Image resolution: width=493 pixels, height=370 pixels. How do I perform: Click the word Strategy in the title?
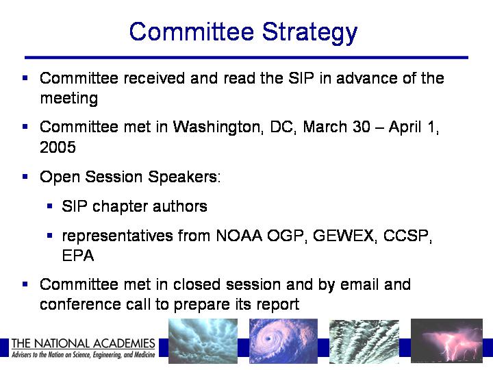click(x=309, y=33)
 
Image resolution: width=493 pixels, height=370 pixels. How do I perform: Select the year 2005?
click(x=58, y=147)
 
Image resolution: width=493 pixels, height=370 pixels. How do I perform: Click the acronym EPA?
click(x=78, y=255)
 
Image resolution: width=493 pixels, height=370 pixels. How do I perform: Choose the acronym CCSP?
click(x=407, y=236)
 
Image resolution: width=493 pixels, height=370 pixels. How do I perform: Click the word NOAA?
click(x=239, y=235)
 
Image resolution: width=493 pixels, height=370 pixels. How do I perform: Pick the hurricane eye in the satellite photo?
click(x=268, y=339)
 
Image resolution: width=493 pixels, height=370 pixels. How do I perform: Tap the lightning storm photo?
click(x=446, y=341)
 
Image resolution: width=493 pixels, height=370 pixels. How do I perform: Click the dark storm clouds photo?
click(x=203, y=341)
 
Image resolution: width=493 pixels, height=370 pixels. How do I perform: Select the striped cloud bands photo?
click(x=364, y=342)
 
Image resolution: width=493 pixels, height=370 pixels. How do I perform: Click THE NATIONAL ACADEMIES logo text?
click(x=84, y=343)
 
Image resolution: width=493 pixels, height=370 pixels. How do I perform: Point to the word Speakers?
click(x=184, y=177)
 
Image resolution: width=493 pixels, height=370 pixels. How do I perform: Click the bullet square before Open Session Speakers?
click(x=25, y=177)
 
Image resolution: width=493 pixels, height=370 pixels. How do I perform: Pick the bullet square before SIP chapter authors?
click(x=49, y=206)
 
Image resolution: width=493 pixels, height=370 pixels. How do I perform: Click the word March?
click(x=325, y=127)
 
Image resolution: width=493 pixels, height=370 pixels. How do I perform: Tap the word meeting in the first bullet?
click(x=69, y=99)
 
